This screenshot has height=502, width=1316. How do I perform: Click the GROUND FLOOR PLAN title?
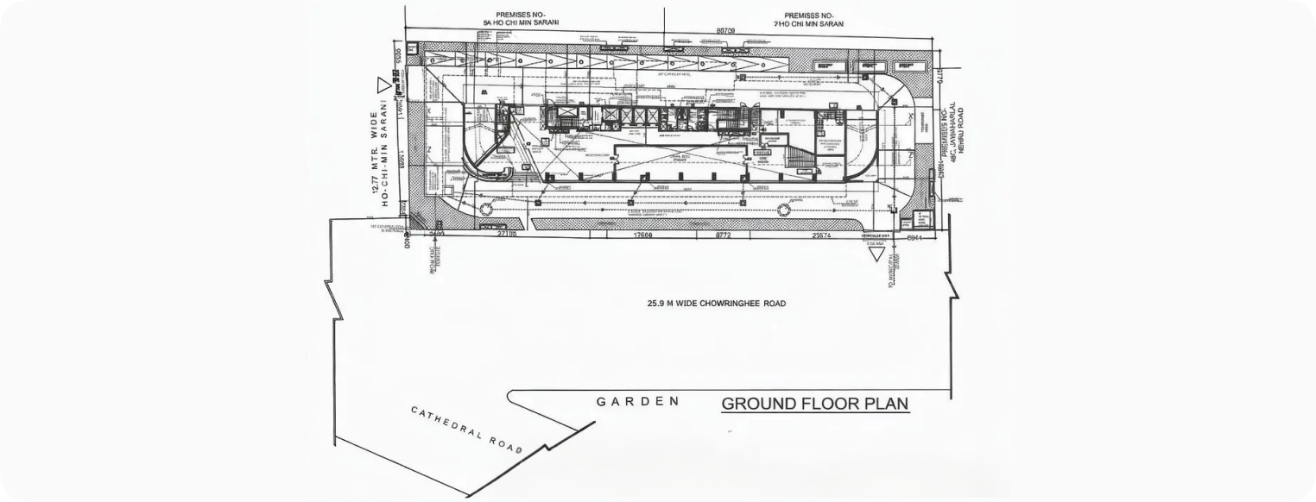pyautogui.click(x=814, y=404)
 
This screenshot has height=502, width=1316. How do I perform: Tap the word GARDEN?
pyautogui.click(x=638, y=402)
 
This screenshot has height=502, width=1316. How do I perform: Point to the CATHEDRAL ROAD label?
pyautogui.click(x=466, y=430)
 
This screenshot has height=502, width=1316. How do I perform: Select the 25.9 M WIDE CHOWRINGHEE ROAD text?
pyautogui.click(x=717, y=304)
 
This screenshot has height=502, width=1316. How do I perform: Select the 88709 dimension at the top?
pyautogui.click(x=725, y=31)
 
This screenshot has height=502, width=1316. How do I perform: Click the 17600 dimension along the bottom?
pyautogui.click(x=642, y=235)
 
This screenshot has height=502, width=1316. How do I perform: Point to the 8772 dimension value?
pyautogui.click(x=723, y=235)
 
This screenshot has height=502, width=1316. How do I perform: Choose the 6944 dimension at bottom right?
pyautogui.click(x=915, y=236)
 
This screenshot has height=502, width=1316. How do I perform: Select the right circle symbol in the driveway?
pyautogui.click(x=783, y=209)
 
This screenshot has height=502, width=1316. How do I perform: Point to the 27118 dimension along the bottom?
pyautogui.click(x=507, y=235)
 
